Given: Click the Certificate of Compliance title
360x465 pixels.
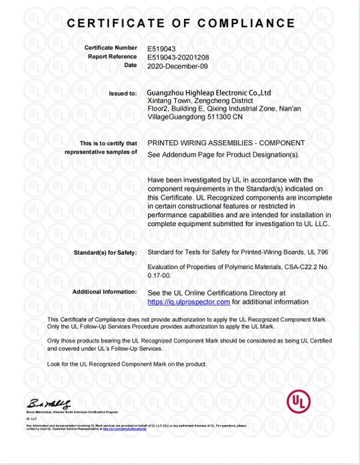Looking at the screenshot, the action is (181, 24).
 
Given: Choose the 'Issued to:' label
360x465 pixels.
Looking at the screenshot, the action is (122, 93).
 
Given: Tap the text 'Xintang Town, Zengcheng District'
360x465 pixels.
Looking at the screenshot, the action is (200, 101).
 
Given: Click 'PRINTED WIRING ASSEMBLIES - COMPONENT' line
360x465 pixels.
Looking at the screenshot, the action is (226, 143).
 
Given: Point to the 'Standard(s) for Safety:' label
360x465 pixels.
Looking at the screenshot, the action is (105, 253).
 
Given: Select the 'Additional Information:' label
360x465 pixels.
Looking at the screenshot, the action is (104, 292).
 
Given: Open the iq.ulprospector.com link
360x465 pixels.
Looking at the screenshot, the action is (189, 301).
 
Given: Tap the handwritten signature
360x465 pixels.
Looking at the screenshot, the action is (49, 404).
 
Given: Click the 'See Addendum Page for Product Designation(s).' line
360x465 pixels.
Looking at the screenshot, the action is (223, 154).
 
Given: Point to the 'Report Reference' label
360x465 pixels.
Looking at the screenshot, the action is (112, 57).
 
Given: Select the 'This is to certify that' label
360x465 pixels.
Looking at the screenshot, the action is (108, 143).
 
